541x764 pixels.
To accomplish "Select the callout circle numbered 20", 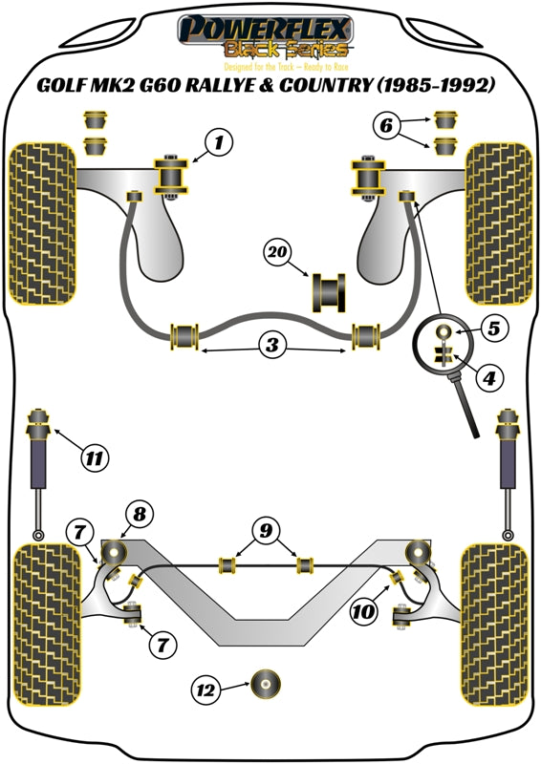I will point(277,253).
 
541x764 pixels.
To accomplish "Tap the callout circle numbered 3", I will point(273,345).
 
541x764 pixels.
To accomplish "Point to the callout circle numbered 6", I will point(384,124).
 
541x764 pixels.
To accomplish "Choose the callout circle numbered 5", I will point(493,329).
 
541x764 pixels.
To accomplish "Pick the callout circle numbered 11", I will point(93,459).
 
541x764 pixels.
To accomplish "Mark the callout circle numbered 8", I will point(140,516).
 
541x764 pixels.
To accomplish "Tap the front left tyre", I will point(44,223).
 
